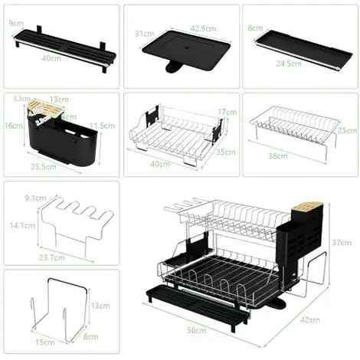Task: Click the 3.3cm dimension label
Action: tap(21, 99)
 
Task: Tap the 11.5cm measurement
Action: tap(101, 125)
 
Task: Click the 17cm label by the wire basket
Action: tap(225, 112)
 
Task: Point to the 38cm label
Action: tap(278, 156)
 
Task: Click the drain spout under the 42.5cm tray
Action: tap(175, 69)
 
